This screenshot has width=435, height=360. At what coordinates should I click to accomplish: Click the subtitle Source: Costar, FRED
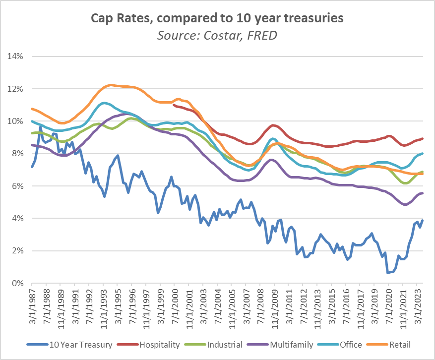(x=217, y=35)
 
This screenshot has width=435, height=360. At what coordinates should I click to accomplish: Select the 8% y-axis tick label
(x=18, y=154)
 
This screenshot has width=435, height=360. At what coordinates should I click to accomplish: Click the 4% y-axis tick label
(x=18, y=219)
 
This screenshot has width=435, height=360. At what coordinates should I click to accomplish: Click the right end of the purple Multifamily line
(x=422, y=193)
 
